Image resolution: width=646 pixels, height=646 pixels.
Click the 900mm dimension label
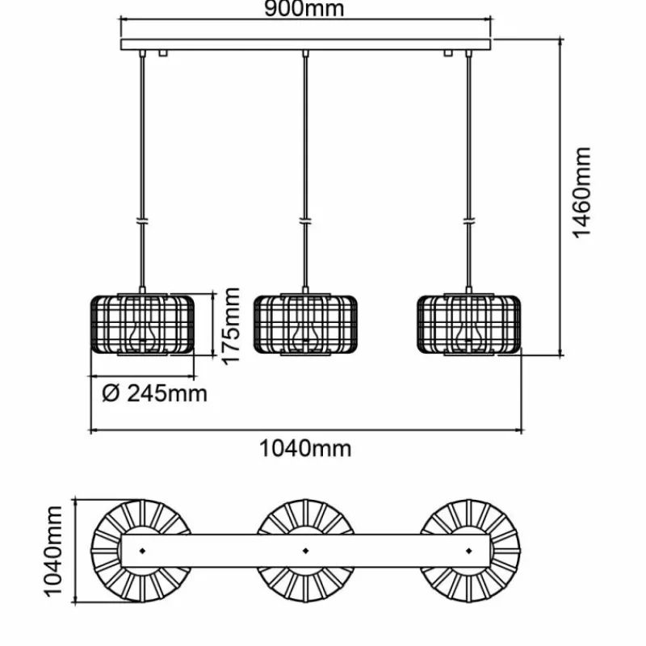(x=306, y=10)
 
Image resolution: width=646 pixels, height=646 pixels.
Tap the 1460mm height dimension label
(x=582, y=192)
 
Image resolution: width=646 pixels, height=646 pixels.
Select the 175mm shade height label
(x=232, y=325)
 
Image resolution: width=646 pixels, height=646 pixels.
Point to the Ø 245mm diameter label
(x=155, y=393)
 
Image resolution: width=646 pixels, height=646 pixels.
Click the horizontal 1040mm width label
(x=306, y=447)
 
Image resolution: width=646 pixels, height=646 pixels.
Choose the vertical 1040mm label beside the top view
(x=53, y=551)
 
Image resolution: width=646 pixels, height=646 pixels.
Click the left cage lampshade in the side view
(x=142, y=324)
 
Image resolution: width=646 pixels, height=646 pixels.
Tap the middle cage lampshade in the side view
(x=304, y=324)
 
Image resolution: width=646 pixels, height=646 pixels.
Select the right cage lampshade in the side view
(x=468, y=324)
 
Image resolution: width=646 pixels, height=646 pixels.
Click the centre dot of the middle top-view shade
(x=305, y=551)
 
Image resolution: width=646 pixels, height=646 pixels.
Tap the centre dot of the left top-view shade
(x=142, y=551)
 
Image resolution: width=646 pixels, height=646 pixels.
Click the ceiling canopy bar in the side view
(x=306, y=44)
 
